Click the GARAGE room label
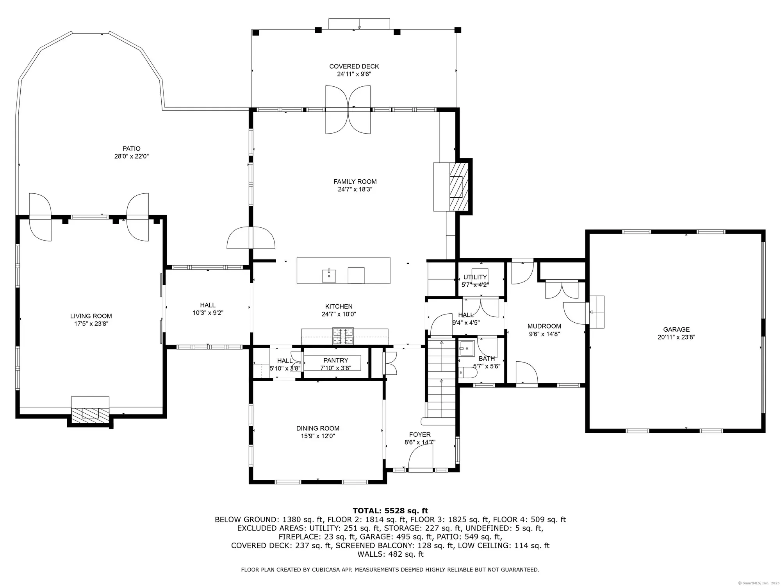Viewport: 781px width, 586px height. (x=676, y=329)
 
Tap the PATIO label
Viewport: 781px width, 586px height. (x=131, y=148)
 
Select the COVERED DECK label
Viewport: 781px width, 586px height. (x=354, y=66)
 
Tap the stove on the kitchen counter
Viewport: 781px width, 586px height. (x=343, y=336)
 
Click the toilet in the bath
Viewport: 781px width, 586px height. (x=467, y=373)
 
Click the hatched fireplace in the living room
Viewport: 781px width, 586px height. (x=90, y=414)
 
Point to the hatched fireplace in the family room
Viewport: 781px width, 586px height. (x=458, y=187)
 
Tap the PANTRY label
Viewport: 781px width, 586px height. (x=336, y=360)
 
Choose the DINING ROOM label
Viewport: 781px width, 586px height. (x=318, y=428)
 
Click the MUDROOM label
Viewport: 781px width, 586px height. (x=544, y=326)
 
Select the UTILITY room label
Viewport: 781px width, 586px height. (x=475, y=277)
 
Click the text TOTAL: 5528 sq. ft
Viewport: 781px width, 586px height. (x=390, y=511)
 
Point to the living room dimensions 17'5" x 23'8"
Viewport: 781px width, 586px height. (x=91, y=324)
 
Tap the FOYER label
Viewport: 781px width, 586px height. (x=420, y=434)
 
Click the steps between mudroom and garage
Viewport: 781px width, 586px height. (x=596, y=312)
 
